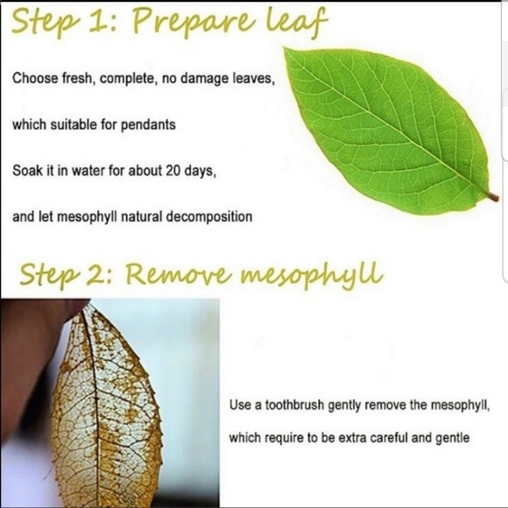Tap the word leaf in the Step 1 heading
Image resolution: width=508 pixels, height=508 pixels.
(296, 21)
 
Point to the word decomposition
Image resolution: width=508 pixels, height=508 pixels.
(209, 217)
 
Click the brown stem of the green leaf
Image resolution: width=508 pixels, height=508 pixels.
(493, 197)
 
